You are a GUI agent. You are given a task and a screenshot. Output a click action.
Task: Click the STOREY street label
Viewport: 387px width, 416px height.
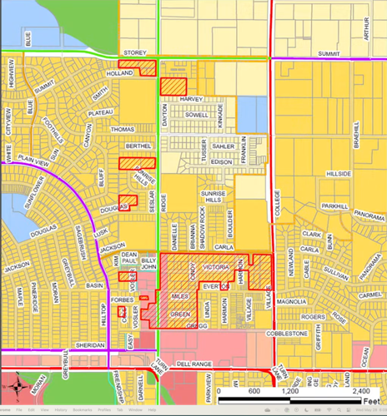[134, 52]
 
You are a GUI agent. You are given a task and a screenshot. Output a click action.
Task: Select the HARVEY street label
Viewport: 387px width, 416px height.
[191, 99]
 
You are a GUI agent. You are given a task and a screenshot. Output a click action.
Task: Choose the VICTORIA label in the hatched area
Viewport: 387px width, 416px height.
[216, 267]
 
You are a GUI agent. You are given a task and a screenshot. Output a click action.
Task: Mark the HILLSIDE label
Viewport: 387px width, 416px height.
[337, 174]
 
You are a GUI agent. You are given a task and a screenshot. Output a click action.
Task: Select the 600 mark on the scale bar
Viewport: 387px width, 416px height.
[254, 390]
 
